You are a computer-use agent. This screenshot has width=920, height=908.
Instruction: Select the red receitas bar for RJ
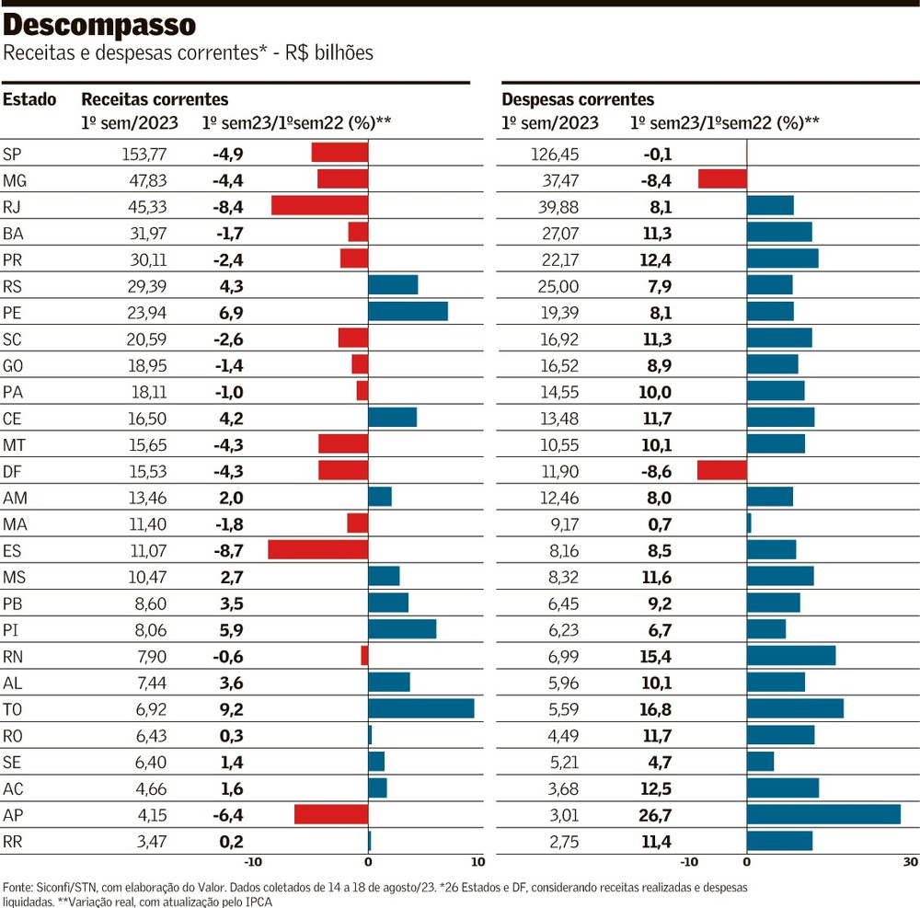(319, 205)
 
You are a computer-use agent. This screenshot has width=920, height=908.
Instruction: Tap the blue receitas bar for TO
(420, 708)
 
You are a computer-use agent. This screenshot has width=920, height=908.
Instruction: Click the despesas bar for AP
(823, 814)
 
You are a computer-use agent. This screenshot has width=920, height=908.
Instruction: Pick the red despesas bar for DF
(721, 470)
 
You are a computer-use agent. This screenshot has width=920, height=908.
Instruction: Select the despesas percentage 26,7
(653, 815)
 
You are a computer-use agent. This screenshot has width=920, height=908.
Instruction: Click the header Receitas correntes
(155, 99)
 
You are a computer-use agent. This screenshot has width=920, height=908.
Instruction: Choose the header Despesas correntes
(578, 99)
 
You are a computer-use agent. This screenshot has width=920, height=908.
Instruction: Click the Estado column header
(29, 99)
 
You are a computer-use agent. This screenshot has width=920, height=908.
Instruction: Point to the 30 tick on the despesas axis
(910, 862)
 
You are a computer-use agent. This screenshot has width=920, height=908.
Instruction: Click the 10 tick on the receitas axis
(477, 862)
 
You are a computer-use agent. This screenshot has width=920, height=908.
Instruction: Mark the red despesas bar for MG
(722, 178)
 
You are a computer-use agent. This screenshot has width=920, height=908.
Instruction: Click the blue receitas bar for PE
(408, 311)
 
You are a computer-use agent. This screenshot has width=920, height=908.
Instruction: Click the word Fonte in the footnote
(20, 887)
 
